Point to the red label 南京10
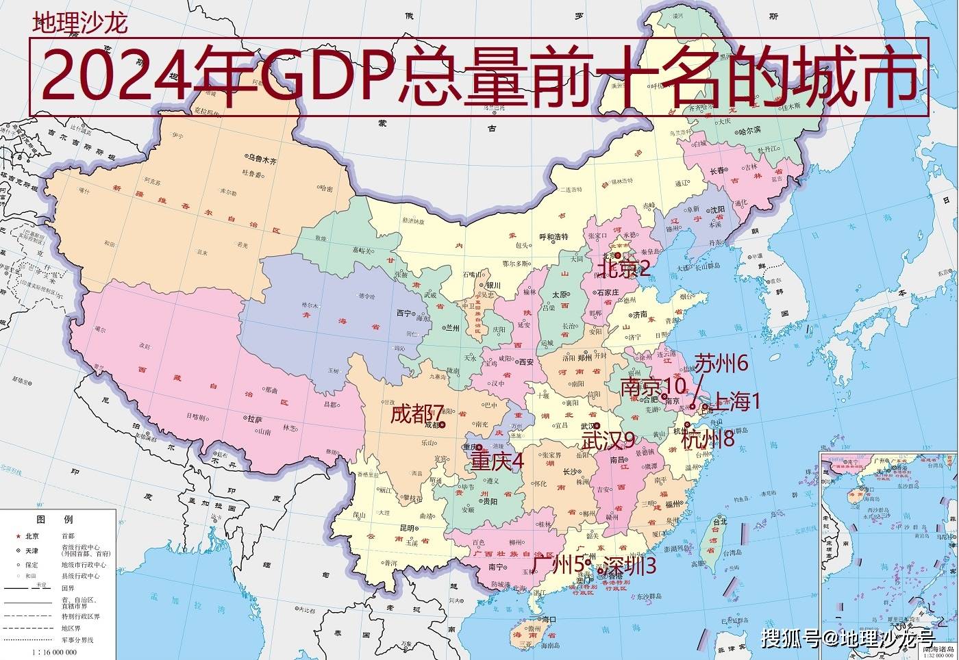(653, 387)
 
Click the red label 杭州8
(708, 439)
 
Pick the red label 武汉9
(608, 441)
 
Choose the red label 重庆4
(497, 461)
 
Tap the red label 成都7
(417, 414)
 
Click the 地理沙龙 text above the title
(80, 24)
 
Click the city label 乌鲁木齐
(262, 162)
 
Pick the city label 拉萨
(256, 418)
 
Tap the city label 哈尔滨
(749, 129)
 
